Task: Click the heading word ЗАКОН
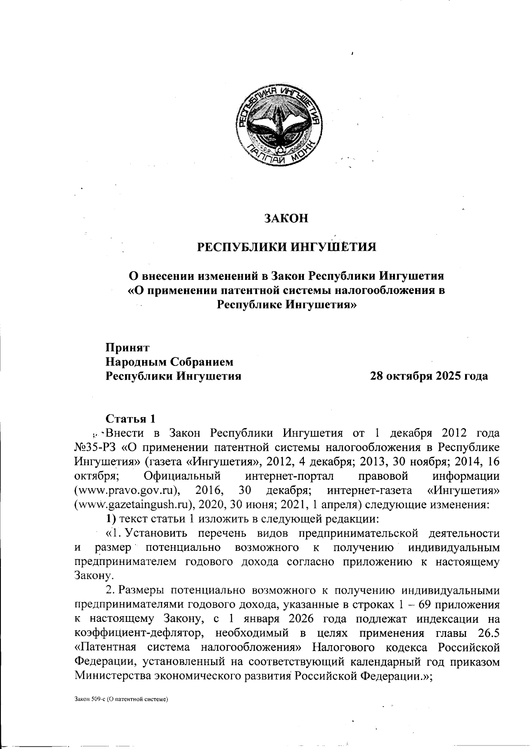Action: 286,218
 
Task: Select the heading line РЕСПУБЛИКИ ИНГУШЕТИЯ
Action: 286,246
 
